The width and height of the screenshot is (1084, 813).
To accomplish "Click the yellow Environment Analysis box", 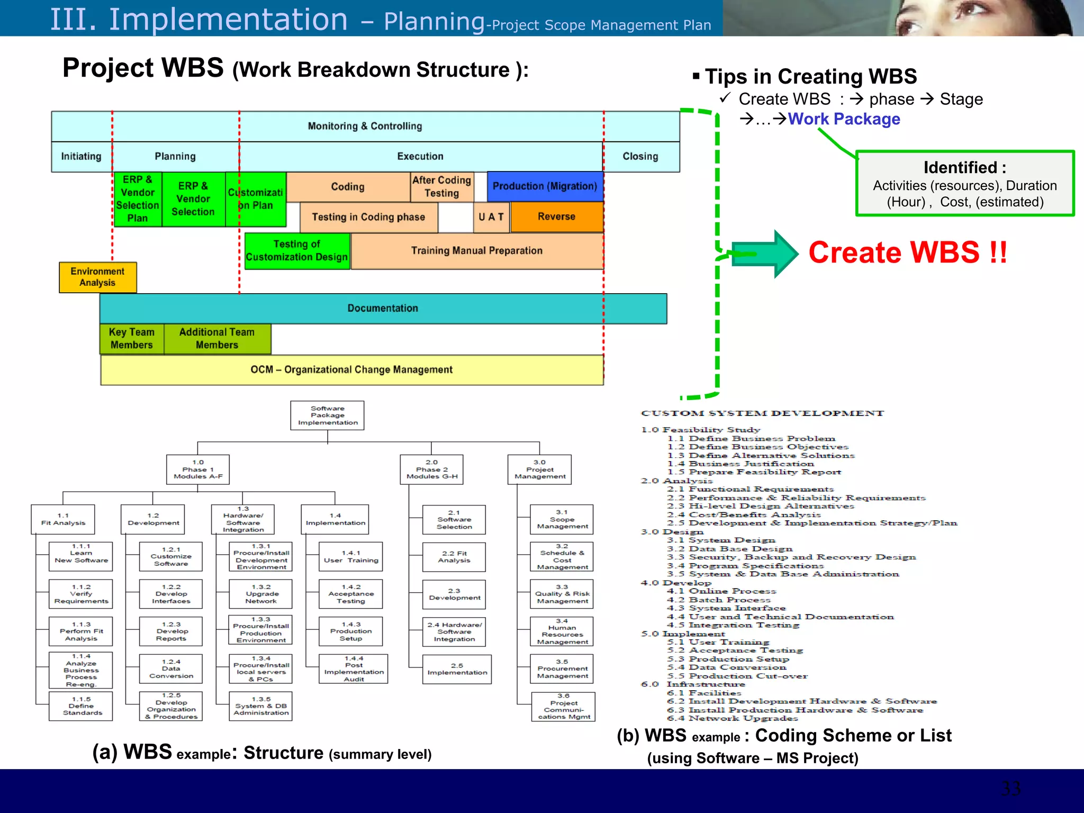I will click(97, 277).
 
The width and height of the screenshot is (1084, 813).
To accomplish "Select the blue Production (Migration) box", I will click(545, 186).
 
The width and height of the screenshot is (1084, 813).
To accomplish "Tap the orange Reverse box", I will click(556, 216).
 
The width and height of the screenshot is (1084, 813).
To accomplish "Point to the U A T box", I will click(491, 217).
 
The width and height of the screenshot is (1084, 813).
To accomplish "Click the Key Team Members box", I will click(131, 339).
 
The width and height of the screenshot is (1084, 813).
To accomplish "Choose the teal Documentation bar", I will click(383, 308).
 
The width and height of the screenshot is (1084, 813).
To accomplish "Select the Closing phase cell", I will click(640, 157).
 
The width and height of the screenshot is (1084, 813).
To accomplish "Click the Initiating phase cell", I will click(81, 157).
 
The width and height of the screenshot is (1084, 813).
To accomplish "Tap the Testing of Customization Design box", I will click(297, 251).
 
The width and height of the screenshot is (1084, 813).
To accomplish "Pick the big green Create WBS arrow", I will click(765, 254).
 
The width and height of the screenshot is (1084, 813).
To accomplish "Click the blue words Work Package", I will click(844, 119).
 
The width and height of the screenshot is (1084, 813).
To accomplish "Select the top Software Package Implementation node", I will click(327, 415).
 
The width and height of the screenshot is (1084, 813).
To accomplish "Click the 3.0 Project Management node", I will click(539, 469).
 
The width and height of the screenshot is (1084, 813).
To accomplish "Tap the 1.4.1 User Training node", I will click(351, 557).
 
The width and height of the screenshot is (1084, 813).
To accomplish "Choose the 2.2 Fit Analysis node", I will click(454, 557).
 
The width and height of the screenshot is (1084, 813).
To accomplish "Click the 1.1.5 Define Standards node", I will click(81, 706).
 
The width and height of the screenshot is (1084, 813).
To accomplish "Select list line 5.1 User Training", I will click(718, 642).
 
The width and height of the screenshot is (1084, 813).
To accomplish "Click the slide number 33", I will click(1010, 789).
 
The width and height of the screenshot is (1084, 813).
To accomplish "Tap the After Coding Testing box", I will click(441, 187).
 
